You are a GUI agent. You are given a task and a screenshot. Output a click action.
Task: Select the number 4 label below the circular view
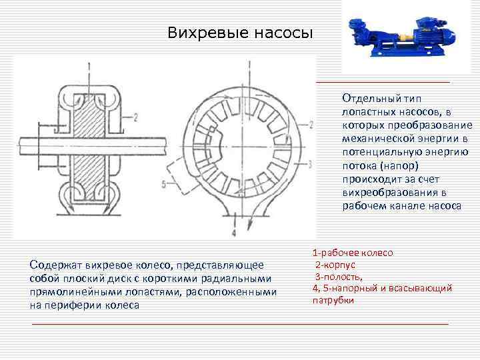(x=233, y=234)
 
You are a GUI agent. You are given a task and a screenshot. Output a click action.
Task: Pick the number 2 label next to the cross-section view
(x=135, y=118)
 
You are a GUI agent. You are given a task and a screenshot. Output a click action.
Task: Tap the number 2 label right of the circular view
(x=312, y=125)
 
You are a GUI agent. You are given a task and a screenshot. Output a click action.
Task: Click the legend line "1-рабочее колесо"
(x=352, y=253)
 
